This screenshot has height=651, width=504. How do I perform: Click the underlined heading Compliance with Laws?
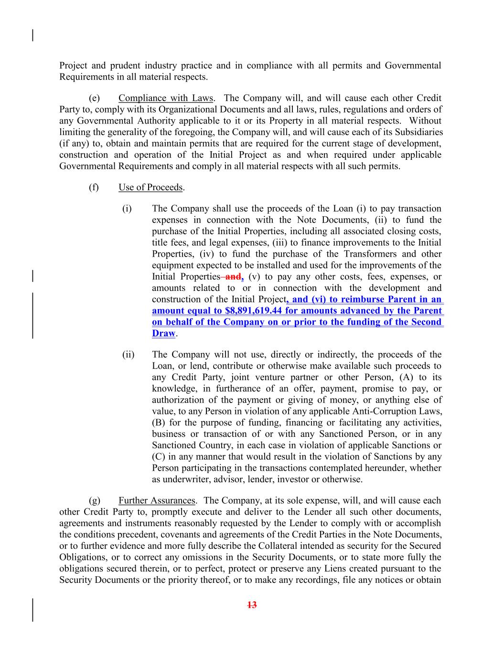point(165,98)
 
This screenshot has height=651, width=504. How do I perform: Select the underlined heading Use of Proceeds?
point(150,187)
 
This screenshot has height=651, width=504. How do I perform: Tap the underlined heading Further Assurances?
point(157,501)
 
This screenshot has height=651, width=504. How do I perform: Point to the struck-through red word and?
point(233,277)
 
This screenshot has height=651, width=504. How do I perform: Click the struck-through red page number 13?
point(252,605)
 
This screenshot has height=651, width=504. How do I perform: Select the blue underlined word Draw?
point(163,333)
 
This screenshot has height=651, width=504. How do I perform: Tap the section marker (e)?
point(94,98)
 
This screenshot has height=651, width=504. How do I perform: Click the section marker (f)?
point(94,187)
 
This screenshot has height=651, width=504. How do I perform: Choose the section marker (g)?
point(94,501)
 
